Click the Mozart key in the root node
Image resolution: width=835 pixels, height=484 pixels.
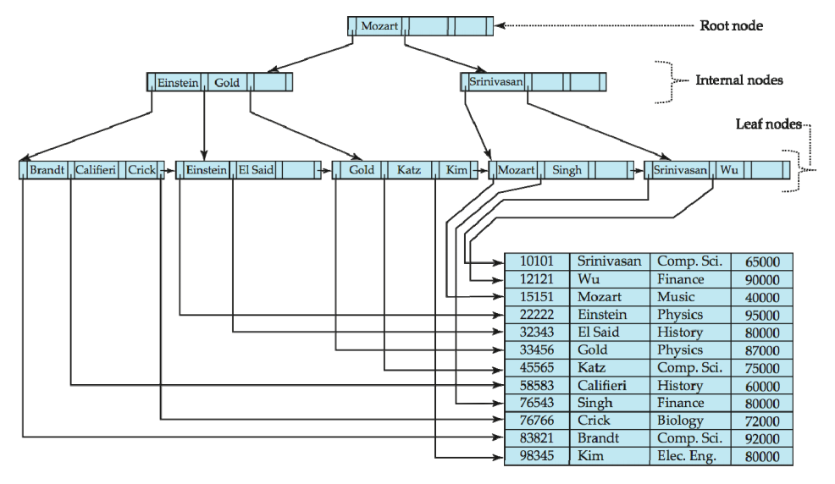(379, 25)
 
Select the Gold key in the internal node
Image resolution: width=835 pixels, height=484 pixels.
(227, 82)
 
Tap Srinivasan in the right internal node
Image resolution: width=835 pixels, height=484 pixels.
(495, 82)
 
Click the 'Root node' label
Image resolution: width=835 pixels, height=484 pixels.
(731, 25)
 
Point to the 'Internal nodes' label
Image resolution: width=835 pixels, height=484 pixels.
(739, 80)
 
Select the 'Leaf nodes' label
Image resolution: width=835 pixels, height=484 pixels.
(768, 124)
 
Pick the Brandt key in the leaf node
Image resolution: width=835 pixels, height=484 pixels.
(47, 170)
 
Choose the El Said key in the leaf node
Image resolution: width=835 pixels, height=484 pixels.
(256, 170)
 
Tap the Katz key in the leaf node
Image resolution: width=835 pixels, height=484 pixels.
(408, 170)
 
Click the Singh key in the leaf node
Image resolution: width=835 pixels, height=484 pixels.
(567, 170)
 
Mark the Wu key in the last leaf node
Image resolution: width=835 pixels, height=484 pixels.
(729, 170)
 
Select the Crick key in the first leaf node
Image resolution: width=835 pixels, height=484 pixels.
(141, 170)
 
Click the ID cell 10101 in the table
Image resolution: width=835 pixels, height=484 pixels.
(537, 261)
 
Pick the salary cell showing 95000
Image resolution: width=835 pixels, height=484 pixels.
(762, 315)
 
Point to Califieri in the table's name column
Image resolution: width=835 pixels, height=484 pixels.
(602, 385)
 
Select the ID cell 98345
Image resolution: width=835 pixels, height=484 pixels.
(537, 456)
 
